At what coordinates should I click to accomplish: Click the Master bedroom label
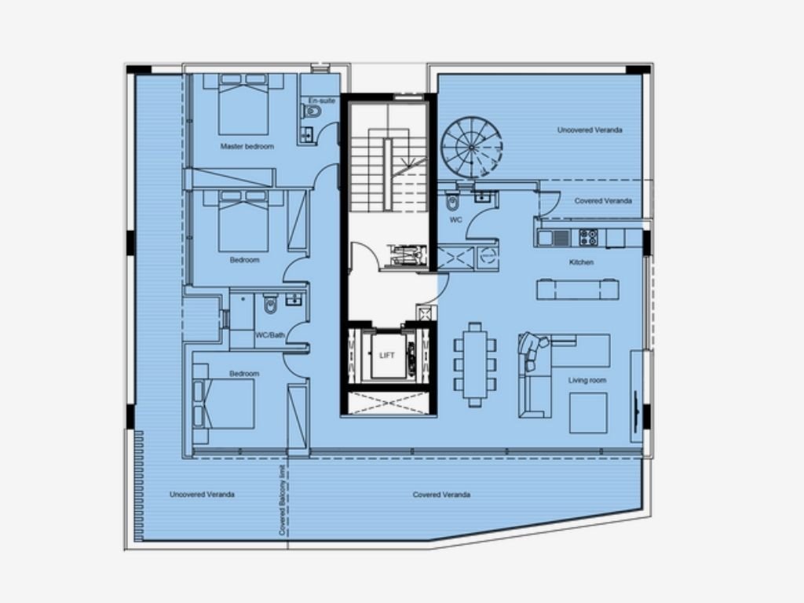click(x=247, y=147)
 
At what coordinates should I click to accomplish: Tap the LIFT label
click(x=386, y=356)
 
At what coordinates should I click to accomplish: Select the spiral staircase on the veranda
click(x=472, y=147)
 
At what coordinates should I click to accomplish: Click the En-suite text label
click(x=322, y=100)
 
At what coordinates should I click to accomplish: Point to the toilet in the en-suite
click(x=312, y=111)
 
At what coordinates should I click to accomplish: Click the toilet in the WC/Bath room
click(x=270, y=303)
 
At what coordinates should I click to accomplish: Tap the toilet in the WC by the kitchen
click(x=452, y=202)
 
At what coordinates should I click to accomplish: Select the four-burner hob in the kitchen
click(x=588, y=237)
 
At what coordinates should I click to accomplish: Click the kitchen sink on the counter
click(x=554, y=238)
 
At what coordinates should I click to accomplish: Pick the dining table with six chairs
click(x=475, y=364)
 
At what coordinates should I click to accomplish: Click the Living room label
click(x=587, y=381)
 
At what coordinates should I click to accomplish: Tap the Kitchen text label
click(x=582, y=262)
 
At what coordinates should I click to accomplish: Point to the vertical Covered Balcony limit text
click(x=282, y=500)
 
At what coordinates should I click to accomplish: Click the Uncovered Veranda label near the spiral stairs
click(x=590, y=130)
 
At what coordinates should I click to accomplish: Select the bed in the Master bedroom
click(x=243, y=104)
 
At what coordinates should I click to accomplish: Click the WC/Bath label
click(x=270, y=335)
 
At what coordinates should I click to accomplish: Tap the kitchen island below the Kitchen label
click(x=577, y=289)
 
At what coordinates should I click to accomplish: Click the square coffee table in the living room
click(x=588, y=413)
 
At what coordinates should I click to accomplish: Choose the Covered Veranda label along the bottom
click(x=441, y=495)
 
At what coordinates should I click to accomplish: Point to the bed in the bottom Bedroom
click(x=224, y=404)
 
